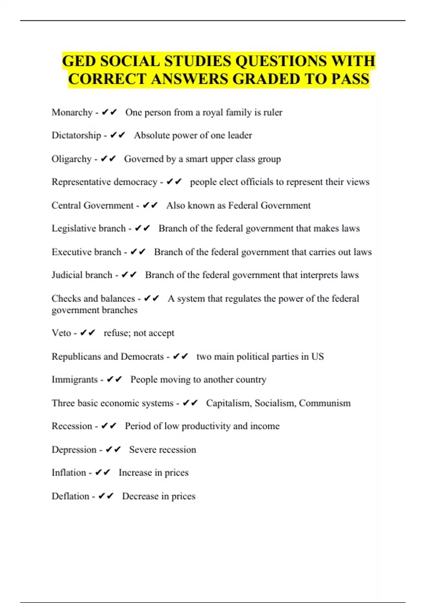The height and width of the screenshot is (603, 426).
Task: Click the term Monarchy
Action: (x=72, y=112)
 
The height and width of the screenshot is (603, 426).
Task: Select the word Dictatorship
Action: (x=76, y=135)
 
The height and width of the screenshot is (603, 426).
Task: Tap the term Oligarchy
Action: (x=72, y=159)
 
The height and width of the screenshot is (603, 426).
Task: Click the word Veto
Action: (x=61, y=333)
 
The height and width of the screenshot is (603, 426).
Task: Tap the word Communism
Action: (x=324, y=403)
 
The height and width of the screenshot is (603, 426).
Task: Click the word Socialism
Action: (x=275, y=403)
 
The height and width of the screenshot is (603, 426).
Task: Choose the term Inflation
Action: (x=69, y=473)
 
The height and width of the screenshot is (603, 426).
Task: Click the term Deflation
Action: (x=70, y=496)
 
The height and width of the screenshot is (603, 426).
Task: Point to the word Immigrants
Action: (x=75, y=380)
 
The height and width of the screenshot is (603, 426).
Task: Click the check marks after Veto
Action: (x=88, y=333)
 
